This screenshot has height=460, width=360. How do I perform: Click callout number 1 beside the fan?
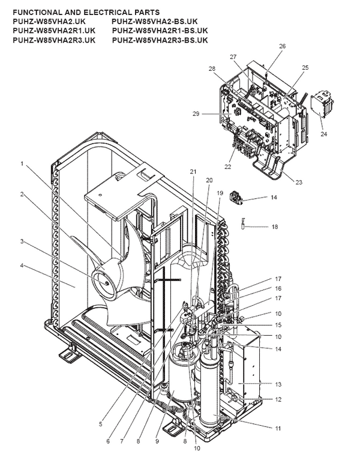(22, 163)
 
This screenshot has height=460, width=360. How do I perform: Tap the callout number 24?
(325, 134)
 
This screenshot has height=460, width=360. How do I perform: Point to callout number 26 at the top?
(282, 46)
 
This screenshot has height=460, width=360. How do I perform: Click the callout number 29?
(196, 113)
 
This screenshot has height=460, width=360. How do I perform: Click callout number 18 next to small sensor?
(274, 226)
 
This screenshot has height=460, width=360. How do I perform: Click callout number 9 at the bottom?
(157, 441)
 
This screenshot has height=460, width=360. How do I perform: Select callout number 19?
(220, 193)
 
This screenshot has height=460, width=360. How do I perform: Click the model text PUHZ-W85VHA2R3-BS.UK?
(160, 40)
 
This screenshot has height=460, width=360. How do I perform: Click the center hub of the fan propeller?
(104, 280)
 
